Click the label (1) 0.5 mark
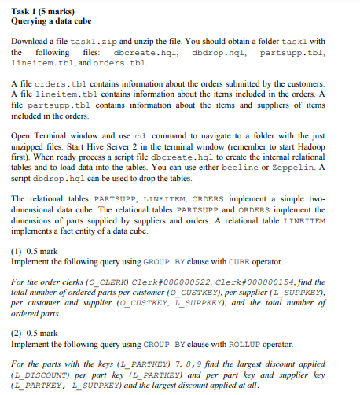(x=36, y=251)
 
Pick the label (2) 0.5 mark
(x=36, y=333)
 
